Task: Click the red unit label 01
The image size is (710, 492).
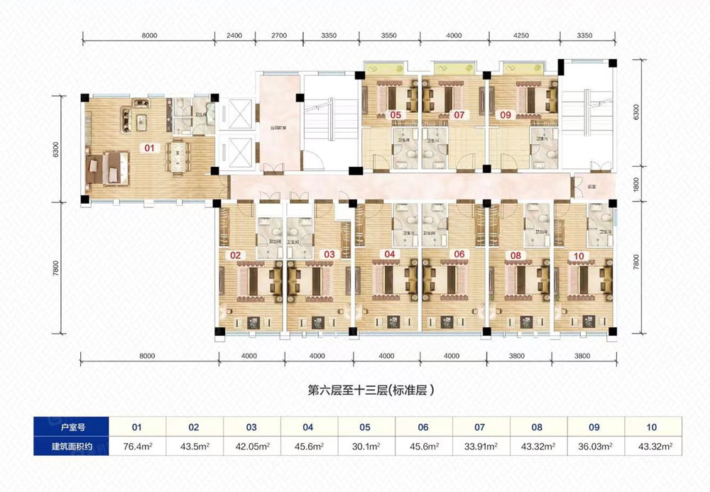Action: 149,148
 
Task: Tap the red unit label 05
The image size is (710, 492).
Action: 395,114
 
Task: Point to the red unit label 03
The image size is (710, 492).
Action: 329,253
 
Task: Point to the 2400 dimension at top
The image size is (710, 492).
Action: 235,34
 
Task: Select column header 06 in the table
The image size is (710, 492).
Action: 423,427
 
